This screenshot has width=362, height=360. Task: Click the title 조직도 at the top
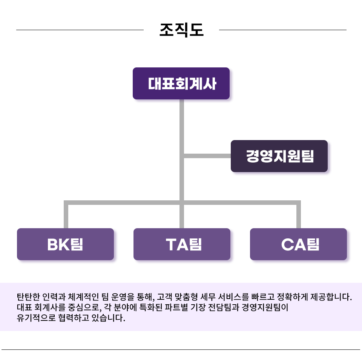click(181, 30)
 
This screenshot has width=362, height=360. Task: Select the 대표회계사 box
click(181, 84)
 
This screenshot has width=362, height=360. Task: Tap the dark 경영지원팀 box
click(279, 156)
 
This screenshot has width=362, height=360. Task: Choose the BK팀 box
click(65, 244)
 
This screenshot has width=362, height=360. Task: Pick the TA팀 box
click(182, 244)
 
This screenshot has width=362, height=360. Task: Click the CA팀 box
click(298, 244)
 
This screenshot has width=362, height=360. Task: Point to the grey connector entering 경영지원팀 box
click(207, 156)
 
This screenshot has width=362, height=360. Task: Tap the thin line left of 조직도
click(80, 30)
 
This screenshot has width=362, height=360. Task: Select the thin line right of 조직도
click(282, 30)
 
